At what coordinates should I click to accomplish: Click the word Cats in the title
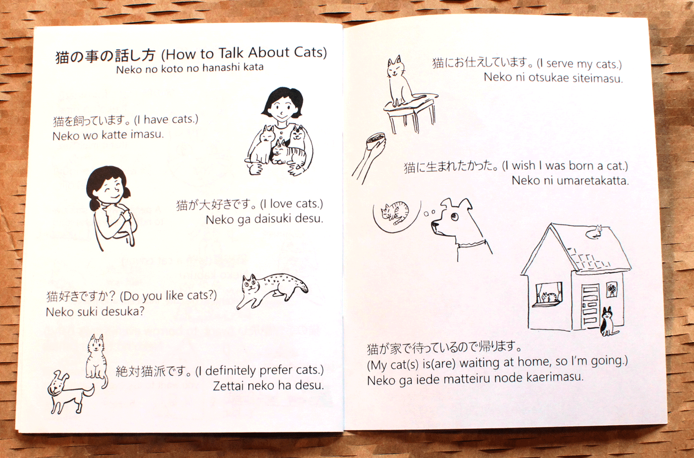[308, 52]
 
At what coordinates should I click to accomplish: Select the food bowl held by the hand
[375, 141]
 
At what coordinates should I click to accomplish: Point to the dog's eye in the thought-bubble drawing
[454, 216]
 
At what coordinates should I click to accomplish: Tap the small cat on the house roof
[596, 232]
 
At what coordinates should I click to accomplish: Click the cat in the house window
[549, 297]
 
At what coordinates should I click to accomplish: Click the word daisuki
[273, 219]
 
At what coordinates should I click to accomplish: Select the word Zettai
[226, 386]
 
